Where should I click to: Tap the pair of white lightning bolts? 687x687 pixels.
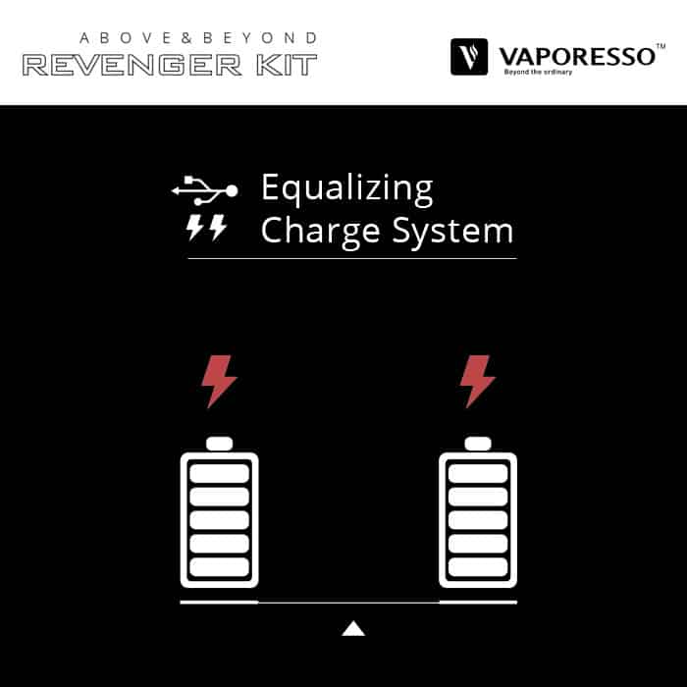(x=206, y=228)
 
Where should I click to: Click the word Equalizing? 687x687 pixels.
(x=346, y=188)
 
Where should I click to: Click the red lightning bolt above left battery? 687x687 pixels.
(x=218, y=381)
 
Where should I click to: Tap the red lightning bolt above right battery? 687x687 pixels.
(x=477, y=381)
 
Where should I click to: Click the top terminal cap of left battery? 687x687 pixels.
(x=219, y=444)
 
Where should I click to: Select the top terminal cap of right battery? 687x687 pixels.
(x=478, y=444)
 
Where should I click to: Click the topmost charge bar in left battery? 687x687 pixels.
(x=219, y=473)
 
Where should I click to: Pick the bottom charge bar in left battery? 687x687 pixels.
(x=219, y=566)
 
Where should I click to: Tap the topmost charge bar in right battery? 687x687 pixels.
(x=478, y=473)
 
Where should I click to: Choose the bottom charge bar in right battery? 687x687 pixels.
(x=478, y=566)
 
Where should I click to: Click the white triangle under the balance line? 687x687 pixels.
(x=353, y=628)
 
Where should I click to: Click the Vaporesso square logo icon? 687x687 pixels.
(x=469, y=57)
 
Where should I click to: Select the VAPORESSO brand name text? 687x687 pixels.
(x=575, y=55)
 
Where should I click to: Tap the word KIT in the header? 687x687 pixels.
(x=284, y=66)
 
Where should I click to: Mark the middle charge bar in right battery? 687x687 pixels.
(x=478, y=519)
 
